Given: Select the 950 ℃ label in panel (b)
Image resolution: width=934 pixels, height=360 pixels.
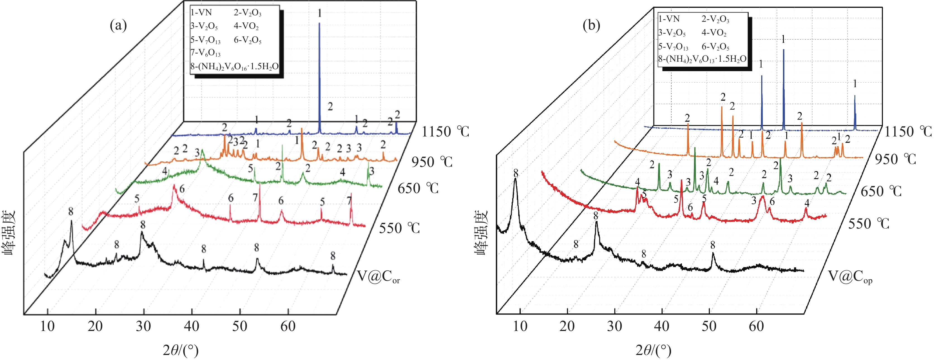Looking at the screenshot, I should tap(895, 159).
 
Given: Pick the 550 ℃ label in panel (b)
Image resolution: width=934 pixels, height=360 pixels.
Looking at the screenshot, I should tap(869, 223).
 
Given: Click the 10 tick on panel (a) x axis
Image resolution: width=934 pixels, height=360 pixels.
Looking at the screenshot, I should tap(47, 326).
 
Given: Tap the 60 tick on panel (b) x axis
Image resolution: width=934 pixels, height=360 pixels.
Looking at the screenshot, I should tap(756, 326).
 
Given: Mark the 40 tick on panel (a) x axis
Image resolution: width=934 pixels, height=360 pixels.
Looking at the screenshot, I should tap(191, 326).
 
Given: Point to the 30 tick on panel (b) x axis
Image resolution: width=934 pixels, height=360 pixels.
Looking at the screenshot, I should tap(615, 326).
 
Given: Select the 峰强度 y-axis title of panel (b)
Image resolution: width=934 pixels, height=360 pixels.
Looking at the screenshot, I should tap(481, 232).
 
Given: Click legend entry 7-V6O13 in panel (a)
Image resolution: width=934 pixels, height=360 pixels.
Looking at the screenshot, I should tap(205, 53).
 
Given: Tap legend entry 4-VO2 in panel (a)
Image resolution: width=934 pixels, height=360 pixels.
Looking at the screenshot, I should tap(246, 26).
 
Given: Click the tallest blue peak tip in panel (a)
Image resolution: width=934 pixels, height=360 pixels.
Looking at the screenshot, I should tap(319, 23).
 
